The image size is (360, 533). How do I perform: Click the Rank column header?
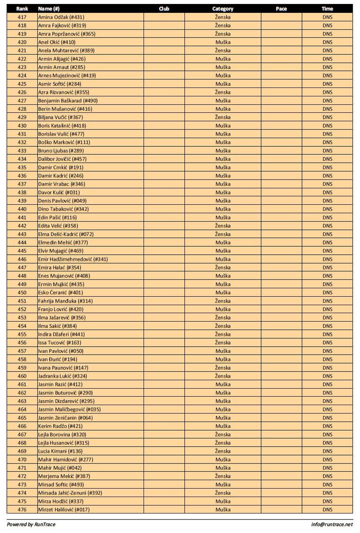pyautogui.click(x=22, y=8)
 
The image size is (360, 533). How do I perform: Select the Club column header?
pyautogui.click(x=164, y=8)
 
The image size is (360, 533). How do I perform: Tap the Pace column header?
pyautogui.click(x=281, y=8)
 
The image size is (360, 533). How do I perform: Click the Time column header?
pyautogui.click(x=327, y=8)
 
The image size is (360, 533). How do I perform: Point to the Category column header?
pyautogui.click(x=223, y=8)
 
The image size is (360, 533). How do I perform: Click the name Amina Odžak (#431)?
pyautogui.click(x=61, y=17)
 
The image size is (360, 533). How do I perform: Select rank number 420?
pyautogui.click(x=22, y=42)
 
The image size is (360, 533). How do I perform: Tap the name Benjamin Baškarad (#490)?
pyautogui.click(x=68, y=100)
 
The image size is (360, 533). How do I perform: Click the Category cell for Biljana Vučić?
pyautogui.click(x=223, y=117)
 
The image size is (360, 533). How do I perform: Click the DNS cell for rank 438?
pyautogui.click(x=327, y=192)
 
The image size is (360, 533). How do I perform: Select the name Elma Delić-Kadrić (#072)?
pyautogui.click(x=66, y=234)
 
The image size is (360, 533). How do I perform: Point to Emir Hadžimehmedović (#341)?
pyautogui.click(x=73, y=259)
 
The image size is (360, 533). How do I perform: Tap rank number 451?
pyautogui.click(x=22, y=301)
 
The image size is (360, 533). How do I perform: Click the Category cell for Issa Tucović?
pyautogui.click(x=223, y=342)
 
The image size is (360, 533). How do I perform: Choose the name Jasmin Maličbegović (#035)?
pyautogui.click(x=69, y=409)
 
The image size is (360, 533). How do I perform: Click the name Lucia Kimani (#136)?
pyautogui.click(x=60, y=451)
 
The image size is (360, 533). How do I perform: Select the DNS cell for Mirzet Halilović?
pyautogui.click(x=327, y=509)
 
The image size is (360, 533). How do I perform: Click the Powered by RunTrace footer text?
pyautogui.click(x=31, y=524)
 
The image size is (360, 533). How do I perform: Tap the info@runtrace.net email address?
pyautogui.click(x=332, y=524)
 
